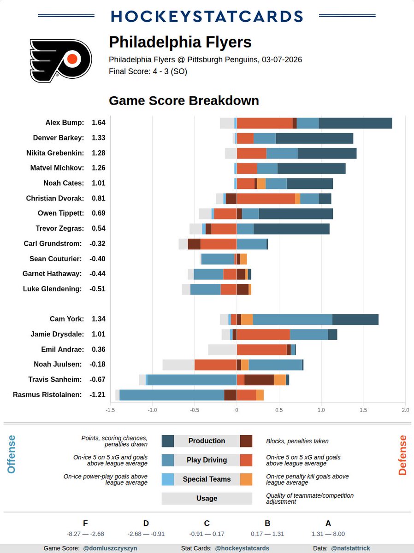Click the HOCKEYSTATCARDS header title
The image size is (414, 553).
coord(207,16)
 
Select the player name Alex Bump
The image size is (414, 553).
coord(65,123)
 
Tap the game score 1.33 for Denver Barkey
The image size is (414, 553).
coord(99,138)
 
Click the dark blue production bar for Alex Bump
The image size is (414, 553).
coord(355,123)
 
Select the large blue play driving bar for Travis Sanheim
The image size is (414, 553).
coord(192,380)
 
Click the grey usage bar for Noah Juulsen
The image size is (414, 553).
coord(178,365)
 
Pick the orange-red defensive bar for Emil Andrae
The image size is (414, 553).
coord(261,349)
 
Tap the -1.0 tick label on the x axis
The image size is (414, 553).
coord(152,410)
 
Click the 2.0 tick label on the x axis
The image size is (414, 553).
coord(405,410)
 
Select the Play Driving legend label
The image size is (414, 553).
coord(207,460)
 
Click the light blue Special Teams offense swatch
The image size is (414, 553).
coord(167,479)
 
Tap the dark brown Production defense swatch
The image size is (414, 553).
coord(246,441)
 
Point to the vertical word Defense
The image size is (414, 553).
coord(402,455)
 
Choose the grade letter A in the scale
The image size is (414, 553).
coord(328,523)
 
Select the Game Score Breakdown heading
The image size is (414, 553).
coord(183,100)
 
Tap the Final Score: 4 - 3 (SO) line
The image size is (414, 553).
coord(148,71)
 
